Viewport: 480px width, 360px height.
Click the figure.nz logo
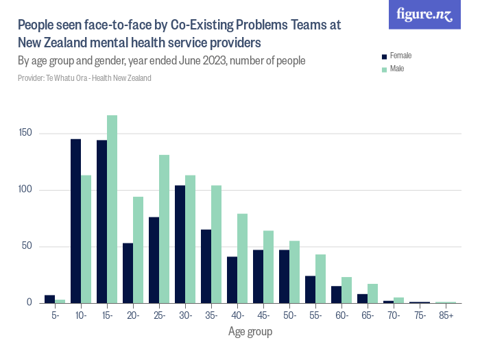(x=424, y=15)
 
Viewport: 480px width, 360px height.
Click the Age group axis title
(x=250, y=332)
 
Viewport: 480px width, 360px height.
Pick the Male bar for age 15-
(x=112, y=209)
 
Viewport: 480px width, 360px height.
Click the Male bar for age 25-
(x=164, y=229)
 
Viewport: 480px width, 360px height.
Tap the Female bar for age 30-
(x=180, y=244)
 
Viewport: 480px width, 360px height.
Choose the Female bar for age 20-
(x=128, y=273)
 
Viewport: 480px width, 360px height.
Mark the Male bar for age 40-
(x=242, y=259)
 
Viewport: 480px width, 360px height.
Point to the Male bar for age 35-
(x=216, y=244)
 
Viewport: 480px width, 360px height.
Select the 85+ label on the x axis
(x=446, y=315)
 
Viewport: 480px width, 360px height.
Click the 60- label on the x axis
(x=341, y=315)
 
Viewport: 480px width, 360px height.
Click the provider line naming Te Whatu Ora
(x=84, y=78)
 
